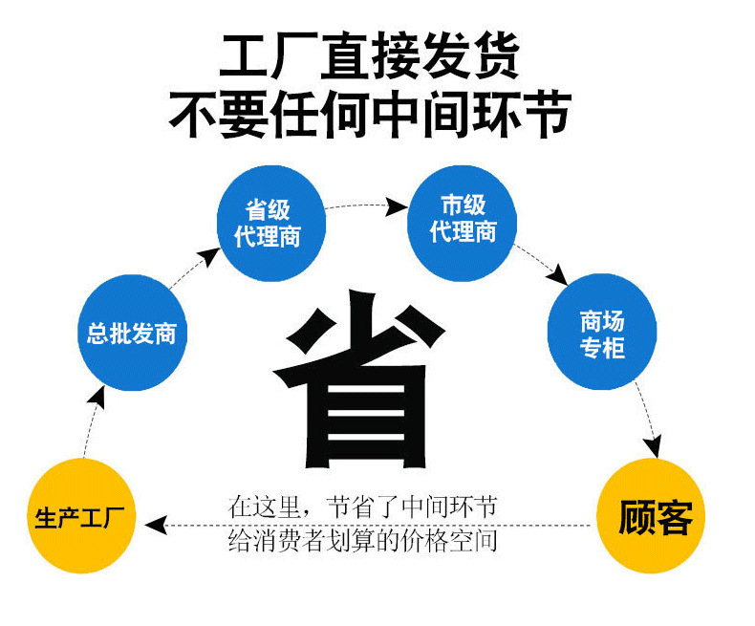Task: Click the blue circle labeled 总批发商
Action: [131, 332]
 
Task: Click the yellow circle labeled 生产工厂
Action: [83, 517]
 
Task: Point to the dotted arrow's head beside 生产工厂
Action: [159, 525]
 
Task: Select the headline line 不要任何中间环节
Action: [370, 112]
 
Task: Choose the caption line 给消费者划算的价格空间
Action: [363, 541]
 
